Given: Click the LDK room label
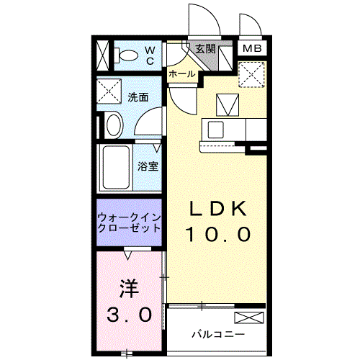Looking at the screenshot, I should click(219, 209).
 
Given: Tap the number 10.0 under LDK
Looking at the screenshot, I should click(219, 234).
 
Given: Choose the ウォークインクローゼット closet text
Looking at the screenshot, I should click(130, 221).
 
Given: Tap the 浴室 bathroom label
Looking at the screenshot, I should click(148, 166).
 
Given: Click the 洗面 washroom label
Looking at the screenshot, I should click(139, 97).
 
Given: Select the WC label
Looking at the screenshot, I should click(150, 55).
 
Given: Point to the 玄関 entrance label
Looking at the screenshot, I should click(206, 49).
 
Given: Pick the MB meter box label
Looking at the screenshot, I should click(251, 49).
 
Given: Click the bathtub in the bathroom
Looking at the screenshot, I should click(115, 167).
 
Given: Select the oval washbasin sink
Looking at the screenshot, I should click(114, 125).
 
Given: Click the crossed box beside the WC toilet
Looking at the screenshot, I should click(104, 55).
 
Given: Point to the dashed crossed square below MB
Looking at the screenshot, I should click(252, 73).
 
